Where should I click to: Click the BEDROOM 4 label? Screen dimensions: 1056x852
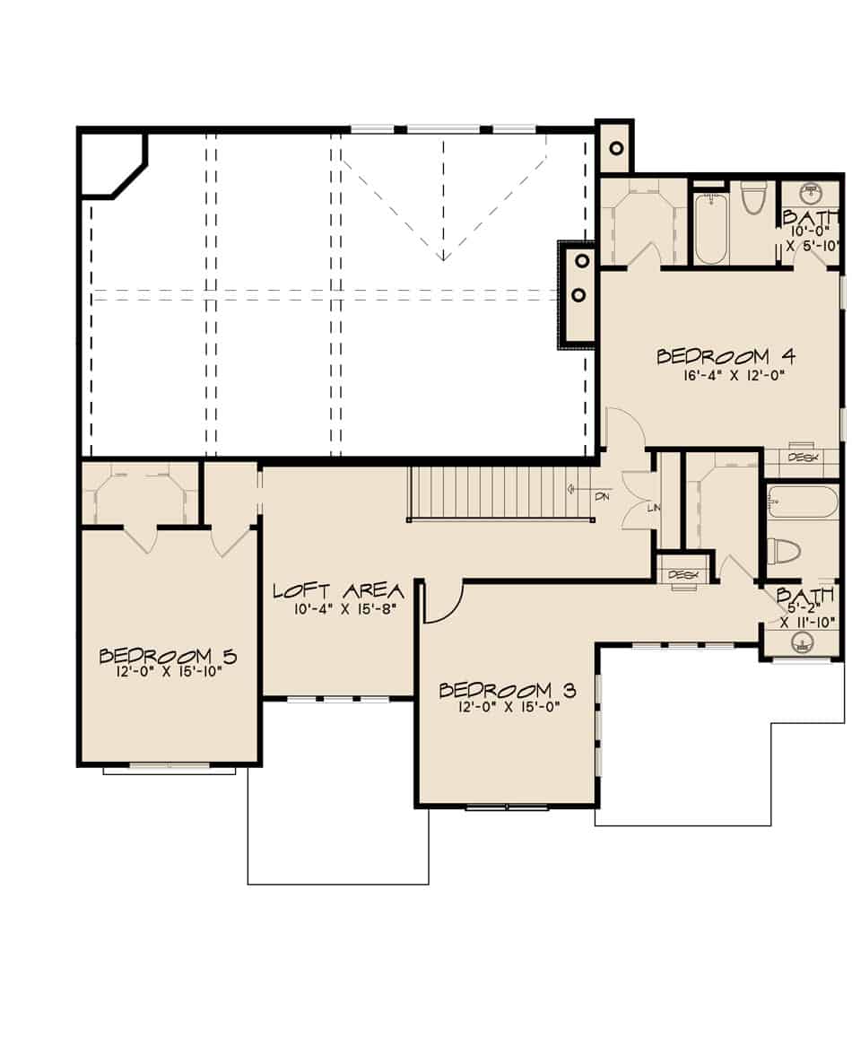coord(714,355)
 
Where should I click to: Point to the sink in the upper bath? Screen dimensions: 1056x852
coord(811,192)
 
